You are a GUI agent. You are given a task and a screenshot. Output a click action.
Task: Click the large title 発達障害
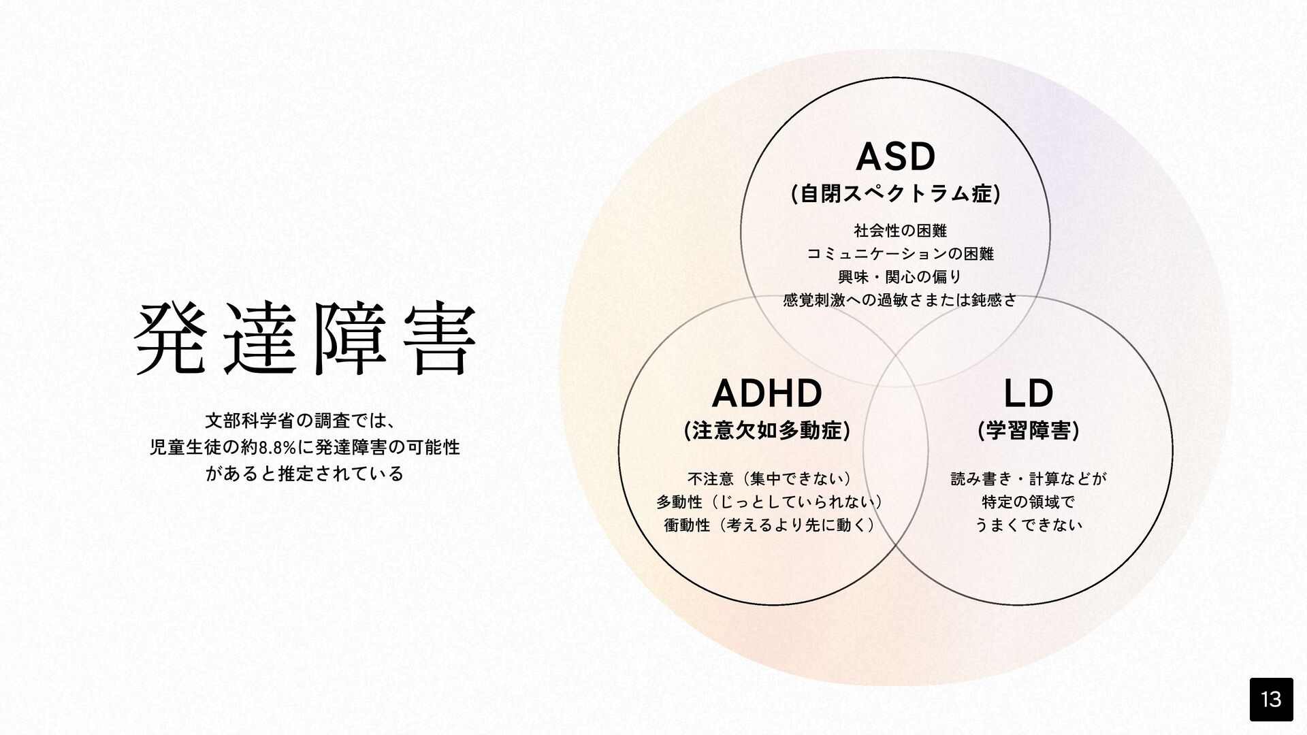coord(305,338)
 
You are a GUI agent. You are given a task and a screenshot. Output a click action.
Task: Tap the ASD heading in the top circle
coord(895,157)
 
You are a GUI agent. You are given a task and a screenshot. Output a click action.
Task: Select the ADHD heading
coord(767,393)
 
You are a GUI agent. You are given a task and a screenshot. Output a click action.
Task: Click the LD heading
coord(1029,393)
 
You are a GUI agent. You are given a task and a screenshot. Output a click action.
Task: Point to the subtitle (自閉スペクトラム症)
coord(895,195)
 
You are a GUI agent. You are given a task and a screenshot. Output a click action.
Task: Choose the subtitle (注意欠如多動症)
coord(767,431)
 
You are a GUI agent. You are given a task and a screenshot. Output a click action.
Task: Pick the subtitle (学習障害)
coord(1029,431)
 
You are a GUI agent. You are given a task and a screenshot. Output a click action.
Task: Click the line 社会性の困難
coord(899,231)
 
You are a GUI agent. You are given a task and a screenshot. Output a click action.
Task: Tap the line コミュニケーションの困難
coord(899,254)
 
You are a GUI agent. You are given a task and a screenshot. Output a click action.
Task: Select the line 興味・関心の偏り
coord(899,277)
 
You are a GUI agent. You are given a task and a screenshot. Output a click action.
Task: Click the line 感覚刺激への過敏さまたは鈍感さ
coord(899,300)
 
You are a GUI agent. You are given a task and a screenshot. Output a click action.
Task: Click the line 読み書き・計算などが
coord(1029,479)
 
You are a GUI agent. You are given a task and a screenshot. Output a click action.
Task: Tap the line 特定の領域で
coord(1029,502)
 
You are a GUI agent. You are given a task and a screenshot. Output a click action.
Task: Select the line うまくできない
coord(1029,525)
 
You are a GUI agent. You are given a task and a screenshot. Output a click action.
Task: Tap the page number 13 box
coord(1271,699)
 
